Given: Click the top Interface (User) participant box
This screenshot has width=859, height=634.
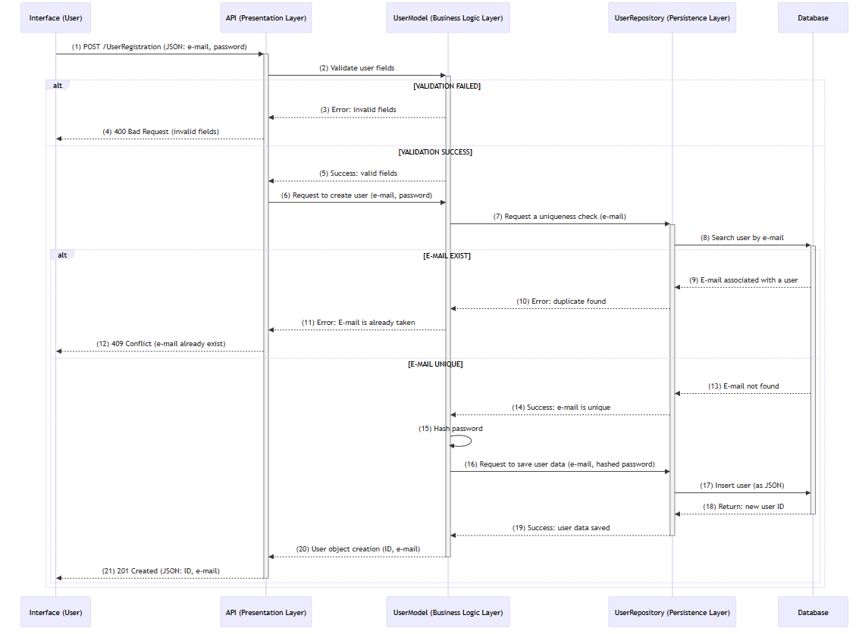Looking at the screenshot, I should (55, 18).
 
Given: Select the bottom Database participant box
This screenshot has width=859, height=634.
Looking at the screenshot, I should (813, 612).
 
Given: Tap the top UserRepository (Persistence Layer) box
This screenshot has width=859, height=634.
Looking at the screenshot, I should (672, 18).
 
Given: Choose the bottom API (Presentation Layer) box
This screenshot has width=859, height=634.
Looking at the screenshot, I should (266, 612).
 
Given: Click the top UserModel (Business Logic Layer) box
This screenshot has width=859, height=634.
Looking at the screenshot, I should (447, 18).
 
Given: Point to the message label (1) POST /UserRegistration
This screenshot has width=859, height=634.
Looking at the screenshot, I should (159, 47).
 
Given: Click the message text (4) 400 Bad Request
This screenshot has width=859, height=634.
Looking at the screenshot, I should (161, 132).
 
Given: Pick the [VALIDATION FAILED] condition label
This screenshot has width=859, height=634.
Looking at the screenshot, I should (447, 86).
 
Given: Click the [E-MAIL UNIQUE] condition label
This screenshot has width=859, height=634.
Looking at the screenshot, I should (435, 364).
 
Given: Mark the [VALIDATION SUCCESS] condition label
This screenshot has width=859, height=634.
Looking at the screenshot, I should (435, 152).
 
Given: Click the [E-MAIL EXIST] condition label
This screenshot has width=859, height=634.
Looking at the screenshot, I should (447, 256).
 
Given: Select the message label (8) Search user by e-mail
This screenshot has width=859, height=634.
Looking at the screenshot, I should (741, 238).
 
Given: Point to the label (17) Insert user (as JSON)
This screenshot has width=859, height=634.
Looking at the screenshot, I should (741, 486).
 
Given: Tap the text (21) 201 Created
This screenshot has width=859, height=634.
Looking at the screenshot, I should (161, 571).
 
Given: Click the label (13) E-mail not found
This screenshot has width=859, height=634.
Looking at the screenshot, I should (743, 386).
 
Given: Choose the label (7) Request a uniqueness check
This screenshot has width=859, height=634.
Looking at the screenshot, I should (560, 217).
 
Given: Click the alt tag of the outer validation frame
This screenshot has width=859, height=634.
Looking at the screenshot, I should (58, 86).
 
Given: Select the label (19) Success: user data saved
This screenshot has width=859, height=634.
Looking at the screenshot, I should (560, 528).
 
